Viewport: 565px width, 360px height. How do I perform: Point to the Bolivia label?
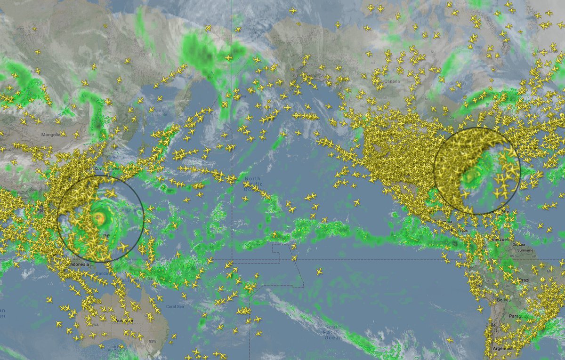click(x=504, y=300)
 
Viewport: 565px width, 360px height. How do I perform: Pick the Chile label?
click(x=491, y=325)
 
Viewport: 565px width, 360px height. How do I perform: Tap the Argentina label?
click(x=503, y=348)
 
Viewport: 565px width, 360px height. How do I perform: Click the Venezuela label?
click(x=500, y=240)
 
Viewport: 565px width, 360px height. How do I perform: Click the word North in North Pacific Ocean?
click(x=252, y=179)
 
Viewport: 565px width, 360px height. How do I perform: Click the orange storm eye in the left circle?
click(x=99, y=218)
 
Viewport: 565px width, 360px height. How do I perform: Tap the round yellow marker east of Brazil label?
click(x=542, y=279)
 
